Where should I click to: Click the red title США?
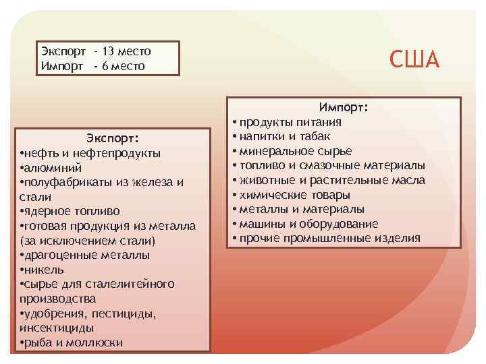[x=414, y=59]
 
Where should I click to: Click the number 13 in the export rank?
[x=107, y=51]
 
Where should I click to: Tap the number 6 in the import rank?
[x=106, y=66]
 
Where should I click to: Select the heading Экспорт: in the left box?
[x=113, y=139]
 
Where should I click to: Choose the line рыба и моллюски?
[x=72, y=343]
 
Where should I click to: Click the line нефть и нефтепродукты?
[x=90, y=154]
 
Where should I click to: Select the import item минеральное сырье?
[x=290, y=151]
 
